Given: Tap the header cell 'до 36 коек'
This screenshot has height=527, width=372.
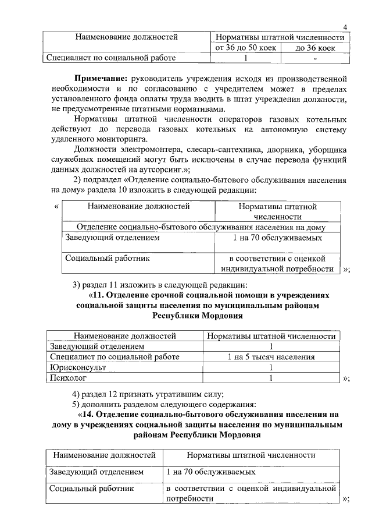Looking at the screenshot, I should pos(314,48).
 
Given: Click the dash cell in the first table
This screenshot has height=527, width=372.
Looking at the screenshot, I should pos(314,58).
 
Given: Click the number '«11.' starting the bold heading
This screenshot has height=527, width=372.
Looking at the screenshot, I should pos(98,295).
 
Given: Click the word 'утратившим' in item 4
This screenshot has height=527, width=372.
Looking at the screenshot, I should pos(181,394).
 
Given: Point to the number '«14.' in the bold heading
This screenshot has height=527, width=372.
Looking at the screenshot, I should pos(88,415).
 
